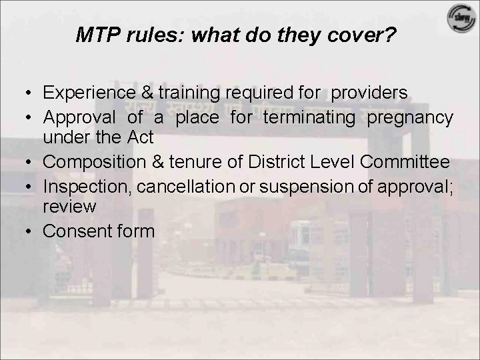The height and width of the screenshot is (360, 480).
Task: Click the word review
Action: [x=69, y=206]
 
